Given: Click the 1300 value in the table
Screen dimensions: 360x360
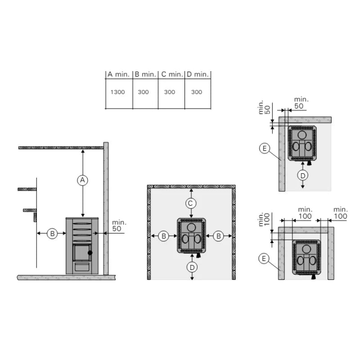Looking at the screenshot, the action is [x=117, y=92].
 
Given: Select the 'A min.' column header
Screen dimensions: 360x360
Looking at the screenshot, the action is [x=118, y=74].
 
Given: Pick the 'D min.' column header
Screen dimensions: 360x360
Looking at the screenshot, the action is [x=198, y=74].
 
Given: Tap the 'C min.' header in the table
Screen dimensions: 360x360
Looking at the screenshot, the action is [x=172, y=74].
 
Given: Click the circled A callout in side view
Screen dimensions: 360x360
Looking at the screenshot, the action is [x=83, y=180].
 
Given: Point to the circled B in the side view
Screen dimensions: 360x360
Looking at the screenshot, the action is [x=52, y=234].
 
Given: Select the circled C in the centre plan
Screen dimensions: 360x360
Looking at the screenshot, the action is [x=190, y=203].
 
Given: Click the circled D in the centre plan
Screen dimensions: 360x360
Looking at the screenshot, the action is [x=192, y=267].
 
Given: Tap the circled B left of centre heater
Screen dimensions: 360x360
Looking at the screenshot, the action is [x=164, y=236].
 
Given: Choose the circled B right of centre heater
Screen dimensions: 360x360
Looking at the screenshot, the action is [x=219, y=236].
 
